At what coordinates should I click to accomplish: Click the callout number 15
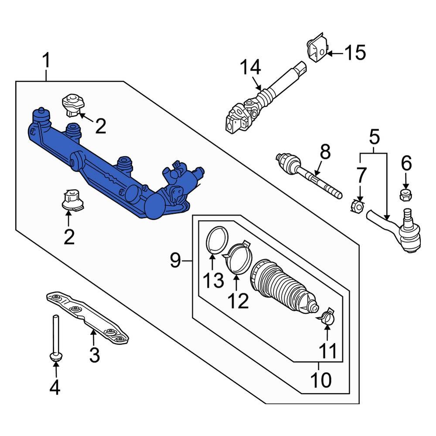pyautogui.click(x=355, y=53)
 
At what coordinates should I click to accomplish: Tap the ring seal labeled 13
pyautogui.click(x=217, y=240)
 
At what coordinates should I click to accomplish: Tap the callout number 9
pyautogui.click(x=175, y=261)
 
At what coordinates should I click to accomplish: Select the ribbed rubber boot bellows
pyautogui.click(x=281, y=286)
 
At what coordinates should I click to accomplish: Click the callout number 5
pyautogui.click(x=374, y=137)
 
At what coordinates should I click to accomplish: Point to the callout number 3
pyautogui.click(x=94, y=355)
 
